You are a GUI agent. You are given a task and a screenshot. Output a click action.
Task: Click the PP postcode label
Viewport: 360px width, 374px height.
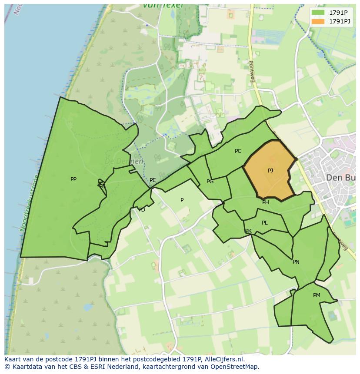click(73, 179)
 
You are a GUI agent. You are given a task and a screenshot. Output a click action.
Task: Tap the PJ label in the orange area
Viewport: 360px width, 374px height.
click(270, 170)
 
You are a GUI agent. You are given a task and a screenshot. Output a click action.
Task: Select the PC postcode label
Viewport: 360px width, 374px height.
click(238, 151)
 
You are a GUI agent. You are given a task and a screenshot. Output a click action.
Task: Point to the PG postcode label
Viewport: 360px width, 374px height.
click(210, 182)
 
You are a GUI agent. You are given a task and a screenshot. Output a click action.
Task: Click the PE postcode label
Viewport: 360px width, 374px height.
click(153, 180)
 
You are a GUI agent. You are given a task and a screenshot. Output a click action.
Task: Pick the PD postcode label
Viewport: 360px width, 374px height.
click(142, 210)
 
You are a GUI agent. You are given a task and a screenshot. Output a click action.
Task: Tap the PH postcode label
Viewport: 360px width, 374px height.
click(266, 202)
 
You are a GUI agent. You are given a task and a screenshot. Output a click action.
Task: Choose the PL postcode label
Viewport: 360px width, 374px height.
click(265, 223)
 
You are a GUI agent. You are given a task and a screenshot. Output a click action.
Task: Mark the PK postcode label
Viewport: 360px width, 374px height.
click(248, 231)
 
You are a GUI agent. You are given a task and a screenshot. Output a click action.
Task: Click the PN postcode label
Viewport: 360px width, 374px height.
click(296, 262)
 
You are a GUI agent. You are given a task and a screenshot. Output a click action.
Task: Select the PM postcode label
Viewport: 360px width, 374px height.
click(317, 295)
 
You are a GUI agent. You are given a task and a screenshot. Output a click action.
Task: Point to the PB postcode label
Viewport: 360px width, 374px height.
click(102, 186)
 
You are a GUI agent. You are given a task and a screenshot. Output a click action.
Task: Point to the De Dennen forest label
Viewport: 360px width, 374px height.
click(124, 161)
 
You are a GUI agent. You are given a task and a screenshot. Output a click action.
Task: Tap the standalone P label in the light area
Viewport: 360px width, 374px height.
click(182, 200)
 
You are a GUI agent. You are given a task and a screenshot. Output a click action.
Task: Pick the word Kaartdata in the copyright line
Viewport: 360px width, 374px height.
click(22, 367)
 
